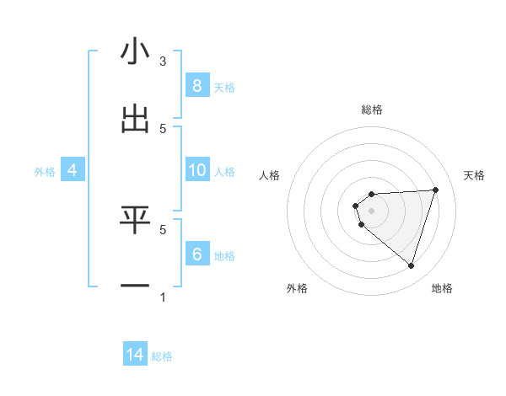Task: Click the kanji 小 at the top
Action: (x=135, y=52)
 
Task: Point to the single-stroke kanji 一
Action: (x=135, y=287)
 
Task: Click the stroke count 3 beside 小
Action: (x=163, y=61)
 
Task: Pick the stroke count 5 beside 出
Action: (x=163, y=128)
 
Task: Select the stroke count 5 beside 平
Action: (x=163, y=228)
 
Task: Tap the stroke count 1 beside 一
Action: (x=163, y=297)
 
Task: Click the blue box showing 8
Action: (x=196, y=85)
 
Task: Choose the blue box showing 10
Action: (x=196, y=170)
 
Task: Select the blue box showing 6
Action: (x=196, y=254)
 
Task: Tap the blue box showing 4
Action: (x=72, y=170)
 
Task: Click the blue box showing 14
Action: (x=135, y=355)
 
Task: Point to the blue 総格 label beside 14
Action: (x=162, y=356)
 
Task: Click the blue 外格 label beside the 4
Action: (x=45, y=172)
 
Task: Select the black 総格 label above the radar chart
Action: (x=372, y=110)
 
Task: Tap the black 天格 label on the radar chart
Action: (x=475, y=175)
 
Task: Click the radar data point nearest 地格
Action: (x=411, y=265)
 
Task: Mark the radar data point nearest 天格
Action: (x=435, y=190)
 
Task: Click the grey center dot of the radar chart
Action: (x=371, y=211)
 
